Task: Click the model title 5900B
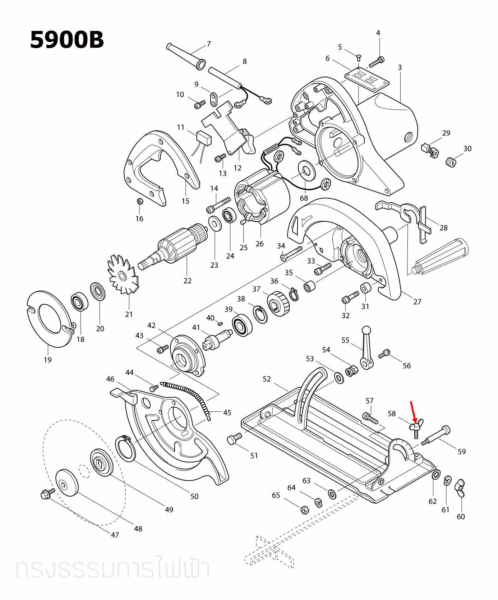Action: pos(67,40)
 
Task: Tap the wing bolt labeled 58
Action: pos(416,428)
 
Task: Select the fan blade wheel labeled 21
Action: pos(123,275)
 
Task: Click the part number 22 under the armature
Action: pos(188,281)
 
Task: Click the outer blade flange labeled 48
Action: pos(67,483)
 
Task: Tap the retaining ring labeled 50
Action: pos(125,448)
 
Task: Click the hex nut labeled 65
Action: pos(304,509)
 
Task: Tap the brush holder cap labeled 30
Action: pos(451,162)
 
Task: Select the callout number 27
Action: pos(417,302)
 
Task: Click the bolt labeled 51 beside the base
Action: pos(234,439)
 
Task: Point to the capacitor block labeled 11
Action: pos(204,138)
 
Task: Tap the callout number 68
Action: pos(304,198)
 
